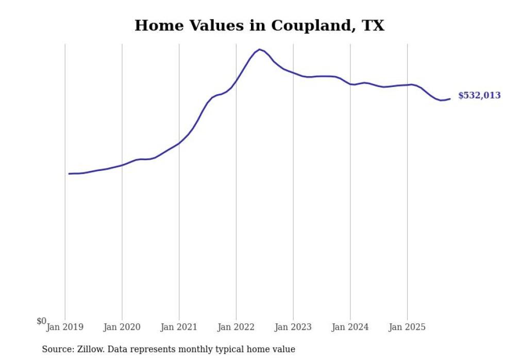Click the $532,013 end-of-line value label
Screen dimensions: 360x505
(479, 95)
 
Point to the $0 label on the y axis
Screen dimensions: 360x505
(41, 321)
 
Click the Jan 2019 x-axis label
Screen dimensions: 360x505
(65, 327)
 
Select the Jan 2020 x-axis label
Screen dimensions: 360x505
(122, 327)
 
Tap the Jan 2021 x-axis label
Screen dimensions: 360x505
(179, 327)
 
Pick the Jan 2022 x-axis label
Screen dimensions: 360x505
(236, 327)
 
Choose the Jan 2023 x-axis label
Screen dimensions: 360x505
(293, 327)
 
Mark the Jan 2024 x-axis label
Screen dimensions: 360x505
(350, 327)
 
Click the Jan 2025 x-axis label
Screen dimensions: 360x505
(407, 327)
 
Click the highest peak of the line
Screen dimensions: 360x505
(259, 49)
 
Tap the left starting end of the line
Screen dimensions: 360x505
(69, 174)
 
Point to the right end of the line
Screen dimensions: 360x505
(450, 99)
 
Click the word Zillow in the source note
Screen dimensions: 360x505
(92, 349)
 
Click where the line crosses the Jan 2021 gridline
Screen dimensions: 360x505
(179, 143)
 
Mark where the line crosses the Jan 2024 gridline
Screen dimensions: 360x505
(350, 84)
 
